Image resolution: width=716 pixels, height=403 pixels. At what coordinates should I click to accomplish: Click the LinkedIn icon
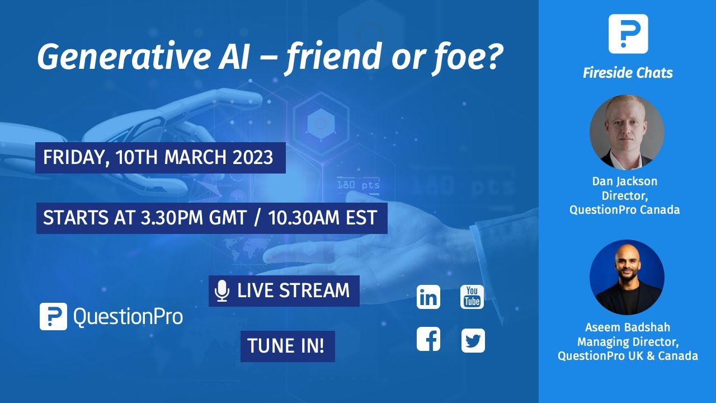428,297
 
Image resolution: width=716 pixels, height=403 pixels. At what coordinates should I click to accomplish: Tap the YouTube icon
472,297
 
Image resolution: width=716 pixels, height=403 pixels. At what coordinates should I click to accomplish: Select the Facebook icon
428,340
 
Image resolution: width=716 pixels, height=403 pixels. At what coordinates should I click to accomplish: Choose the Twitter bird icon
473,340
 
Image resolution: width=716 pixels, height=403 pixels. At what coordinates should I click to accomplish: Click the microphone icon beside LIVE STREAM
222,291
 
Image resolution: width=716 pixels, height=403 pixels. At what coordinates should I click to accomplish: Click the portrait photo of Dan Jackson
627,132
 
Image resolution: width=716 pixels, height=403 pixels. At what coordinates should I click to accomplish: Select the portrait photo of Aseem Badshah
627,277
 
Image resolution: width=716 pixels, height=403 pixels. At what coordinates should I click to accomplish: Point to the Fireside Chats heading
628,73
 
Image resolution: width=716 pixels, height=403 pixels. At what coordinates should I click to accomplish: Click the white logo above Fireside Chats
628,34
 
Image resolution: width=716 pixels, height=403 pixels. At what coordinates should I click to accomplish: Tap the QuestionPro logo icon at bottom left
53,316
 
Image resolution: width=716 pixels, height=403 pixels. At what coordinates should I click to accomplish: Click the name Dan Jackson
625,181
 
